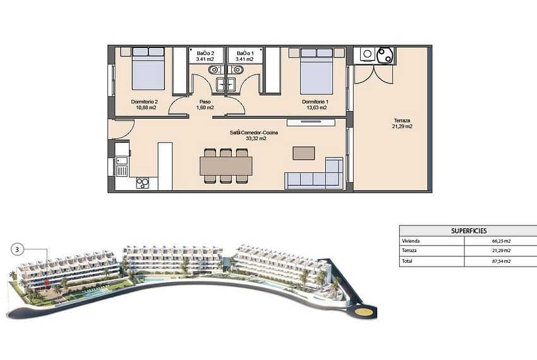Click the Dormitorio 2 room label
coord(144,102)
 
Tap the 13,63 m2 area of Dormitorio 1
coord(316,107)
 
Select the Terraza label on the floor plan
coord(402,121)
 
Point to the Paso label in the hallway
coord(205,102)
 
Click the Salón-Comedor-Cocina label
coord(254,133)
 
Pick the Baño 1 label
coord(246,54)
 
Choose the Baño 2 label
coord(205,54)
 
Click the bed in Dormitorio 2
coord(148,69)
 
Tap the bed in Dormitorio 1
coord(317,71)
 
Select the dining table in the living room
coord(226,165)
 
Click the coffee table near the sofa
coord(304,153)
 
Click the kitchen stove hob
coord(143,183)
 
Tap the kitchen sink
coord(121,166)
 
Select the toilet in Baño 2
coord(214,70)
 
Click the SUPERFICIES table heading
coord(469,231)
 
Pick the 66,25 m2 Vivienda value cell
coord(502,241)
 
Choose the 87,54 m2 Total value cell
coord(502,261)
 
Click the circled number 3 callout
coord(17,249)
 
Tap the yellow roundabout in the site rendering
coord(364,312)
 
